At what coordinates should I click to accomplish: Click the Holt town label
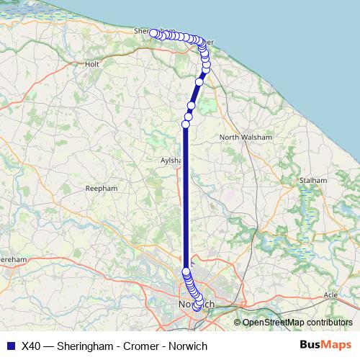coord(92,64)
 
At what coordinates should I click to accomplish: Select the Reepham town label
coord(101,188)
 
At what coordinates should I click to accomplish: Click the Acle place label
coord(330,295)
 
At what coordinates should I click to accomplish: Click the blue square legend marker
coord(10,346)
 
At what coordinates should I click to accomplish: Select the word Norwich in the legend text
coord(187,346)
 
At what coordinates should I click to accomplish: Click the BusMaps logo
coord(325,346)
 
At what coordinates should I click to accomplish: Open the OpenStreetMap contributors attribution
coord(297,323)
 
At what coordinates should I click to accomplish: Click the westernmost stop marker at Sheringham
coord(154,33)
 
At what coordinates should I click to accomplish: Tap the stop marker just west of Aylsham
coord(185,125)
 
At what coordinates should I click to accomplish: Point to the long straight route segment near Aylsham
coord(186,202)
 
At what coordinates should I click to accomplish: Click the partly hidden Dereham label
coord(13,258)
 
